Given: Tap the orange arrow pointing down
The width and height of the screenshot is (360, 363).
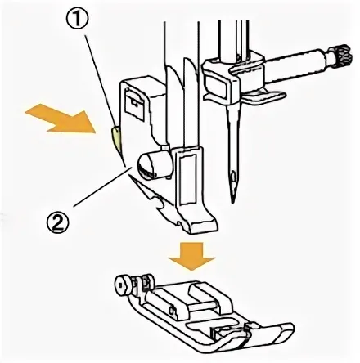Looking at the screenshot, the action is (x=191, y=256).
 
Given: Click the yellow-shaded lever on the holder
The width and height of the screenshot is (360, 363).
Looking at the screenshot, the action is (x=117, y=138).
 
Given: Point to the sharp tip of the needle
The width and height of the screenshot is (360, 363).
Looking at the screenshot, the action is (x=232, y=202).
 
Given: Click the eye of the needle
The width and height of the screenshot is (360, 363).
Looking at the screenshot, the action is (x=232, y=178).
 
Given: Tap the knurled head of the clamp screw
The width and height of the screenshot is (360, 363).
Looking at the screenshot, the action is (x=342, y=56).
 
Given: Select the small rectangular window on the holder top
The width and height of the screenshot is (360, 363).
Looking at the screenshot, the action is (x=133, y=104).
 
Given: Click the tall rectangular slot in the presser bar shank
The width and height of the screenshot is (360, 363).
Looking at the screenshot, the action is (x=187, y=180).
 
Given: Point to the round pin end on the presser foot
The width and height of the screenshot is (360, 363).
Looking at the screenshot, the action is (x=121, y=285).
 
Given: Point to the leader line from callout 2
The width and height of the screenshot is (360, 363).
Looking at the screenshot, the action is (x=102, y=187).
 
